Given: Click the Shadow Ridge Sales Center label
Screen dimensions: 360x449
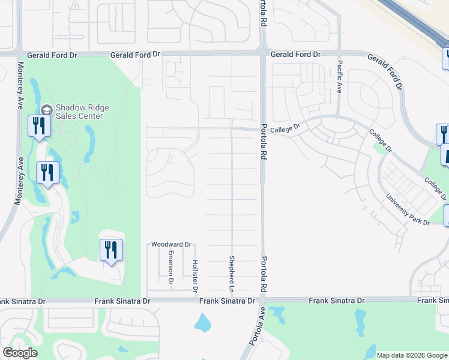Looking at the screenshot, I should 82,112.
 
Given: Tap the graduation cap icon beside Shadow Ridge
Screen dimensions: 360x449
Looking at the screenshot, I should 47,110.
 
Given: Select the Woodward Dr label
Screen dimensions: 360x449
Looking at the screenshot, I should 170,245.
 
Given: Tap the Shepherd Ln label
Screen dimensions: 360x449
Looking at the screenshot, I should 231,274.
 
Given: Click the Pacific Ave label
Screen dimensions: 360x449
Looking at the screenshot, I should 339,77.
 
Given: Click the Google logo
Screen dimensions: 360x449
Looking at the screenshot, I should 19,353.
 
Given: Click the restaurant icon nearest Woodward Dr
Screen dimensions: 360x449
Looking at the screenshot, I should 111,249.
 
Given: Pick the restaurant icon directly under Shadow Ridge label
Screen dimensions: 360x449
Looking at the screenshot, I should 37,126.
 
